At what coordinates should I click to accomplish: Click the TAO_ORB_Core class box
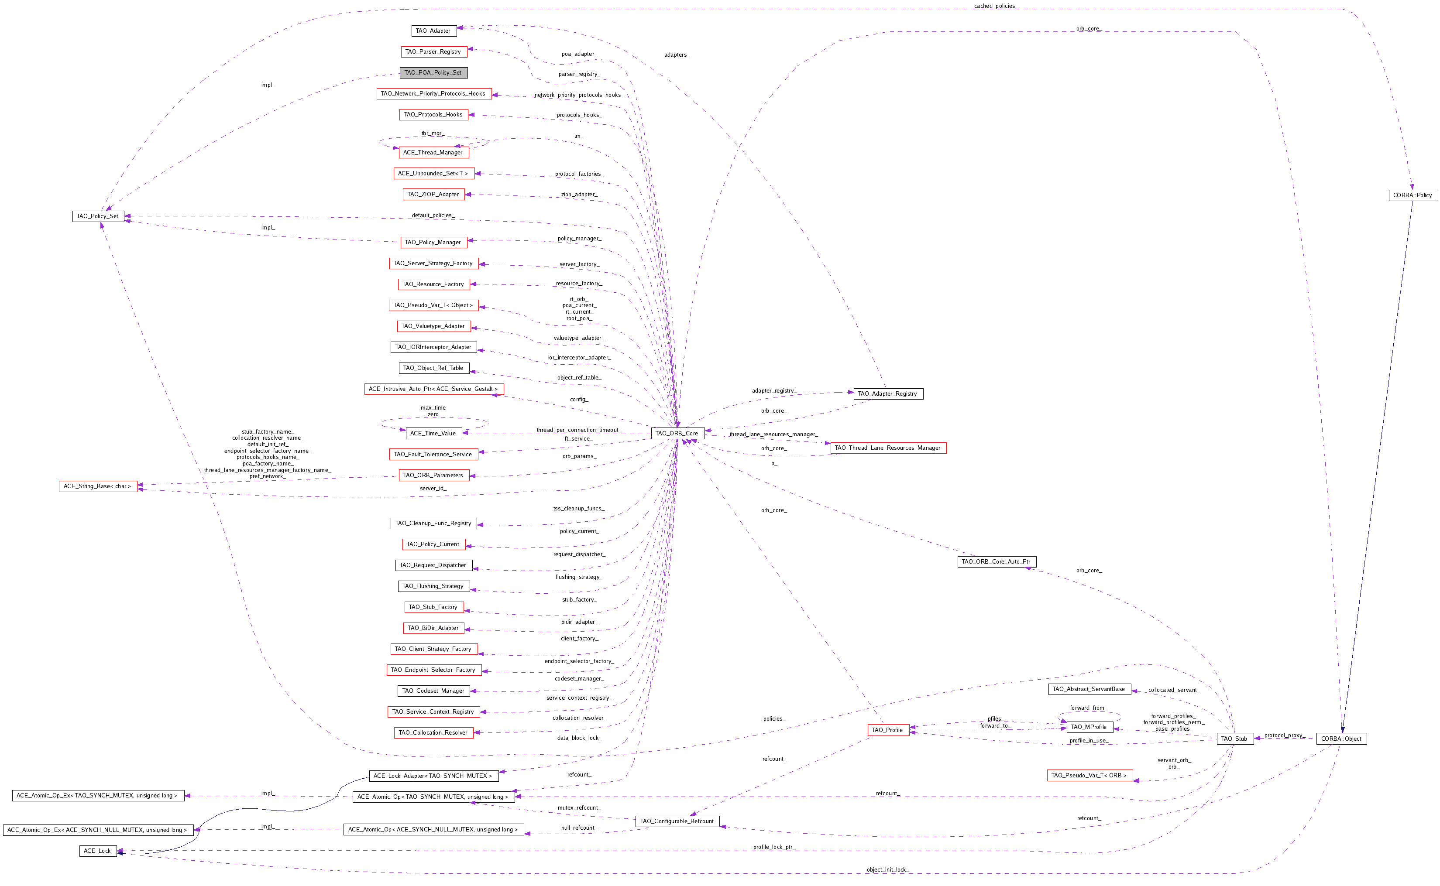677,433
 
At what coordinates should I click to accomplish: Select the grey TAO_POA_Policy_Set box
433,73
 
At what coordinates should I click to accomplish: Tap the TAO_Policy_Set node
98,216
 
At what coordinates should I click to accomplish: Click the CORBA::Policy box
1413,195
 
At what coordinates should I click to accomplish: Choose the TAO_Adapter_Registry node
888,394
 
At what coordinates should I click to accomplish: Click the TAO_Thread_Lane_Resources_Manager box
888,448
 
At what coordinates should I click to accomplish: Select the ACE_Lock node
98,851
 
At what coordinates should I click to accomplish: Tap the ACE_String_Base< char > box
98,486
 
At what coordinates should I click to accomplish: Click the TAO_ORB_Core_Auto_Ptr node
996,561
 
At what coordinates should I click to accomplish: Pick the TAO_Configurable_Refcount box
677,821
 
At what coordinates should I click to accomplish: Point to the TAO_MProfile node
1089,727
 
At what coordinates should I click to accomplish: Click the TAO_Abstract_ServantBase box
1089,689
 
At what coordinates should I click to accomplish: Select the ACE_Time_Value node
433,433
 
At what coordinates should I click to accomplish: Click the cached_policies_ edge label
996,6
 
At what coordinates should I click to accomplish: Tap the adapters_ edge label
677,55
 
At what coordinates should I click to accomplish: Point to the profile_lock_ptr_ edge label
774,847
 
